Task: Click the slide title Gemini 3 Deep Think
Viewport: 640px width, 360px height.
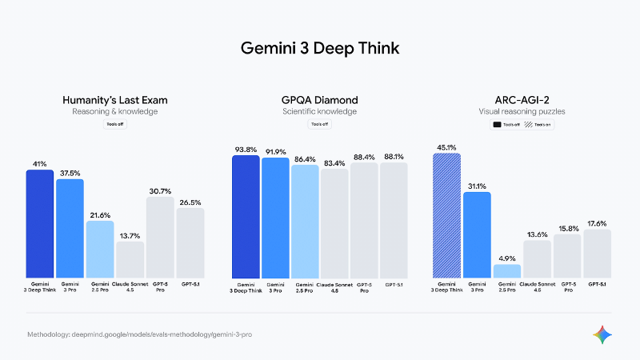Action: (x=320, y=48)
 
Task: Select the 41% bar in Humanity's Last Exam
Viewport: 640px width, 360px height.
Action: (x=40, y=224)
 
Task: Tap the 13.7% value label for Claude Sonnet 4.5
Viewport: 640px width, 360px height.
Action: (x=130, y=236)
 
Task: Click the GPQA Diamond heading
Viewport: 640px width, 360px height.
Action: (x=319, y=100)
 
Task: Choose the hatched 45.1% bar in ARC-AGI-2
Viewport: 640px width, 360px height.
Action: (x=446, y=216)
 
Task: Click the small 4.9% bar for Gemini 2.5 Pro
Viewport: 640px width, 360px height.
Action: (x=506, y=271)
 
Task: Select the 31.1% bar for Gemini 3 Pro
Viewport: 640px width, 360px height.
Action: (x=477, y=235)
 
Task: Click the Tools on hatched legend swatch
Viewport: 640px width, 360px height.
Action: (x=528, y=125)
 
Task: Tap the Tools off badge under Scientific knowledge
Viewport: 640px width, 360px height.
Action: (x=319, y=125)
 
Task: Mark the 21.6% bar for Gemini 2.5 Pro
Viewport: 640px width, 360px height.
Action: (x=100, y=250)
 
